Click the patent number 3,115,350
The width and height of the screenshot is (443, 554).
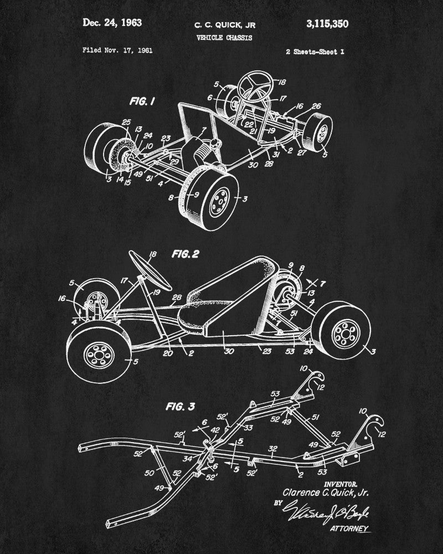pyautogui.click(x=327, y=23)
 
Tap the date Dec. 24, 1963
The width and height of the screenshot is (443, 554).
pyautogui.click(x=112, y=23)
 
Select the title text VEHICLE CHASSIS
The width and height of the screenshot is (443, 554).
pyautogui.click(x=224, y=38)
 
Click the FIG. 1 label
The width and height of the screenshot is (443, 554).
pyautogui.click(x=142, y=101)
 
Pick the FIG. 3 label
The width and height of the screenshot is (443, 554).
pyautogui.click(x=181, y=406)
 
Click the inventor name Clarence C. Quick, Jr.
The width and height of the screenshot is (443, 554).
pyautogui.click(x=326, y=492)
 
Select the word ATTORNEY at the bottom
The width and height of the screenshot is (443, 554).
pyautogui.click(x=350, y=529)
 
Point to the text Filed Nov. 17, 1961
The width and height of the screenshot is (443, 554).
pyautogui.click(x=117, y=50)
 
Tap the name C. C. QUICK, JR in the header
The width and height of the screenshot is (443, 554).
pyautogui.click(x=224, y=25)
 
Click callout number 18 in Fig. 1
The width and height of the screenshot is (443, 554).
pyautogui.click(x=282, y=82)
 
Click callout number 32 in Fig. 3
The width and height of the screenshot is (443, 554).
pyautogui.click(x=272, y=448)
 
